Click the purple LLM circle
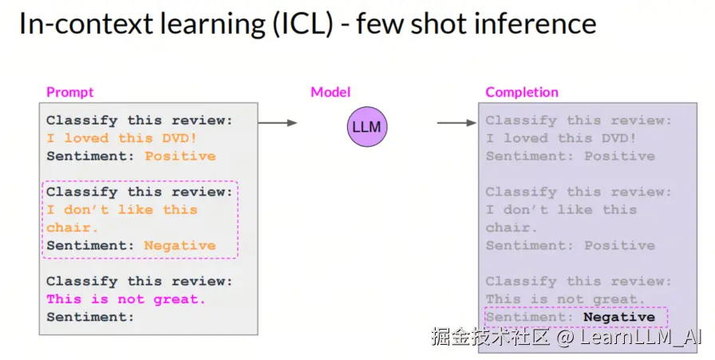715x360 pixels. [366, 126]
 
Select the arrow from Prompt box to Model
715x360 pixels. [277, 123]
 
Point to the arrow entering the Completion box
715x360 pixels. [456, 123]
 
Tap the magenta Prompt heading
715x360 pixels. [69, 92]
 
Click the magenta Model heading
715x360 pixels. [330, 92]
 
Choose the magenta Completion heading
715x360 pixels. [522, 92]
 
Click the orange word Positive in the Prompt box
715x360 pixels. [180, 156]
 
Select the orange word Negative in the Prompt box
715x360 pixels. [180, 246]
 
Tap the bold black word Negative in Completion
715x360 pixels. [619, 317]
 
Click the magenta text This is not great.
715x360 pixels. [126, 299]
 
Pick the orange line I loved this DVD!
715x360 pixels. [122, 138]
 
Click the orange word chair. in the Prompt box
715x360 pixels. [72, 227]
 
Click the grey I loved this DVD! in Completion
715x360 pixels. [560, 138]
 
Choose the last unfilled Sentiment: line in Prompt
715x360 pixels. [90, 317]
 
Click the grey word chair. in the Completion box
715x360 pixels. [512, 227]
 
